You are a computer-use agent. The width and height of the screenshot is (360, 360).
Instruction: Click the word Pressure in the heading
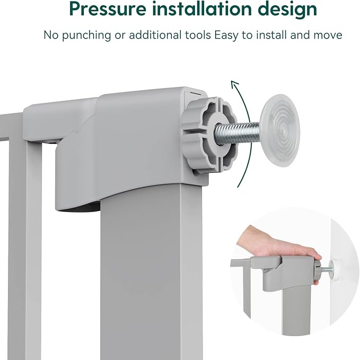pos(108,9)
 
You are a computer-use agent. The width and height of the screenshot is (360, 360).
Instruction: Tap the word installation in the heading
pos(201,8)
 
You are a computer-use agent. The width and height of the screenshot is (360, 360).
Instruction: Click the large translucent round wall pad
pos(280,130)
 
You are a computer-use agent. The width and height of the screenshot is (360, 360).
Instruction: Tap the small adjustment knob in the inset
pos(318,270)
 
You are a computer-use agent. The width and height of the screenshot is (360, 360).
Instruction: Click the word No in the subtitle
pos(51,36)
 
